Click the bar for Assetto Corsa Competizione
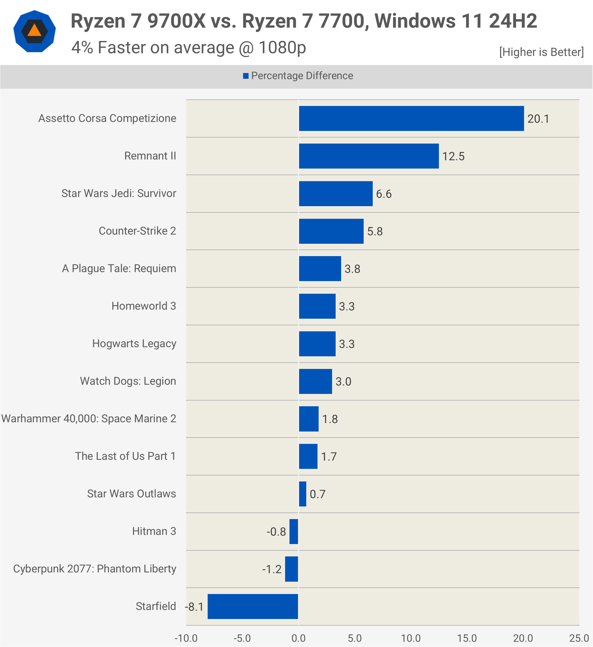tap(411, 118)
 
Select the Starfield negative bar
tap(253, 606)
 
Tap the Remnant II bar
tap(369, 156)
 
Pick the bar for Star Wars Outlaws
tap(302, 494)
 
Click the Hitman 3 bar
tap(293, 531)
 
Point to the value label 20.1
tap(538, 119)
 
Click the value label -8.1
tap(194, 607)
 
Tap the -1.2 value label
tap(272, 569)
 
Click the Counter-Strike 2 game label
tap(137, 231)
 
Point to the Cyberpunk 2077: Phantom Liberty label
tap(94, 568)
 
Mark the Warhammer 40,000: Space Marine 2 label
tap(89, 419)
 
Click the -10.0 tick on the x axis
tap(186, 638)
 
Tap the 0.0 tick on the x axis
tap(298, 638)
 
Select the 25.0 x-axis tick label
tap(579, 638)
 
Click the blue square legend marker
tap(246, 76)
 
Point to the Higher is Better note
tap(541, 52)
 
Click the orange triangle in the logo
tap(34, 30)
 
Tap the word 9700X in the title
tap(176, 21)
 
